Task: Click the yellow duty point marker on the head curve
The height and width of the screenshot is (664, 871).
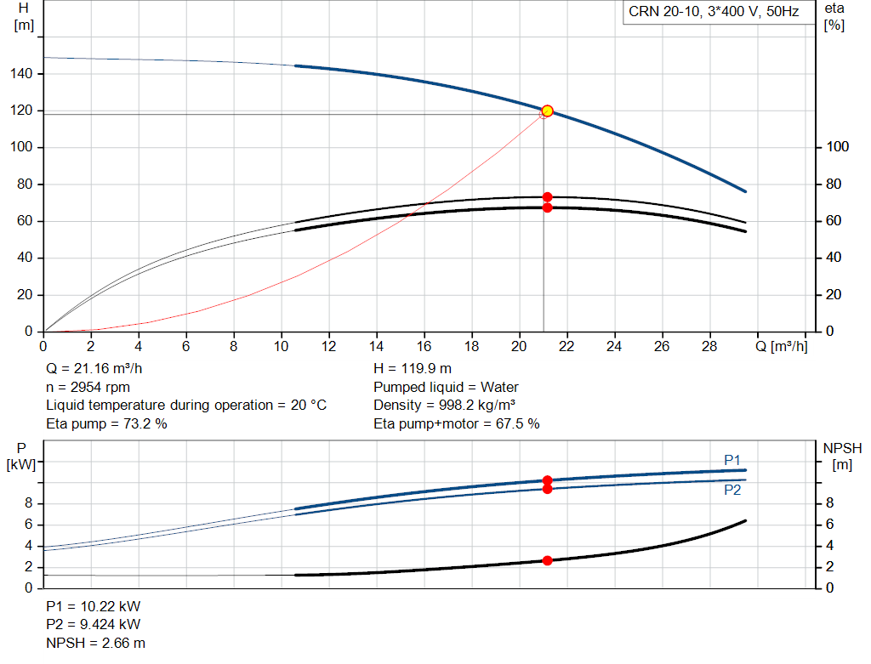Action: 547,111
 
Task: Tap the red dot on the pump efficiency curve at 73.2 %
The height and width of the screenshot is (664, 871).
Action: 547,197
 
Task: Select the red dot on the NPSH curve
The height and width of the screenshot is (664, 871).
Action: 547,561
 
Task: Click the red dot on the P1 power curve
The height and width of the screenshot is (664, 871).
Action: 547,480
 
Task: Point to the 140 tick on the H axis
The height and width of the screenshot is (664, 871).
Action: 21,73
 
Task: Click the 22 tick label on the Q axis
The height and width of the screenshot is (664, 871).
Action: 566,346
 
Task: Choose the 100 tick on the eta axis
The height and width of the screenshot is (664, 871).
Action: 838,146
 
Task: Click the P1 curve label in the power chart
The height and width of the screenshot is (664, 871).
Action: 732,460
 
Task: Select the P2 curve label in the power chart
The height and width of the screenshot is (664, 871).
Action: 732,490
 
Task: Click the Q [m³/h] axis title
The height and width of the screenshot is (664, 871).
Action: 782,346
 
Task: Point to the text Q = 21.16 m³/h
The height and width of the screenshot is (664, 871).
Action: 94,369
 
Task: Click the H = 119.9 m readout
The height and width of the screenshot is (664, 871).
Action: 413,369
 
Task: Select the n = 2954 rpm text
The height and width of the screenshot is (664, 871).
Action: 88,387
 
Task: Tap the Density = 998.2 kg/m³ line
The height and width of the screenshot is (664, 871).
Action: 444,406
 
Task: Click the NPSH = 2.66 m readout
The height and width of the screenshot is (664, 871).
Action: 95,643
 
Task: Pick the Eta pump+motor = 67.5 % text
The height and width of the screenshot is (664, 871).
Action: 457,424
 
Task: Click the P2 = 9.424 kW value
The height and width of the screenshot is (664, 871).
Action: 94,625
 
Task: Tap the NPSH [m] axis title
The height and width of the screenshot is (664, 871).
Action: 842,457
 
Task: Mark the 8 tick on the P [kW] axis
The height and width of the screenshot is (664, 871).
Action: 29,503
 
